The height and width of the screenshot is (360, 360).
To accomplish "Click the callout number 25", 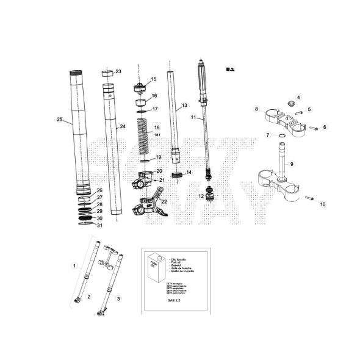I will click(59, 119).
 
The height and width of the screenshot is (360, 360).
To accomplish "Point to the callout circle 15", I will click(153, 79).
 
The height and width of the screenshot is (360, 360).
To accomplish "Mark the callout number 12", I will click(201, 196).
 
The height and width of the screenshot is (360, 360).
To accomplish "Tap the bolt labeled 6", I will click(312, 129).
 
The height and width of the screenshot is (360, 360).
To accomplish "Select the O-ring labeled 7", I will click(281, 135).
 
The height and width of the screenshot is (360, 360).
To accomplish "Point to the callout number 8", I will click(257, 109).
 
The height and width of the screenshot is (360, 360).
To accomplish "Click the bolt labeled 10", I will click(309, 200).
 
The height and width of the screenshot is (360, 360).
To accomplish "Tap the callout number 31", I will click(100, 226).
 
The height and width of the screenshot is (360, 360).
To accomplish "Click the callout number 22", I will click(164, 201).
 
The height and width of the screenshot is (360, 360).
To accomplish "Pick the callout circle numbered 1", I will click(74, 266).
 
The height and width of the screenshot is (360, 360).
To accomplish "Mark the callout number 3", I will click(118, 298).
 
